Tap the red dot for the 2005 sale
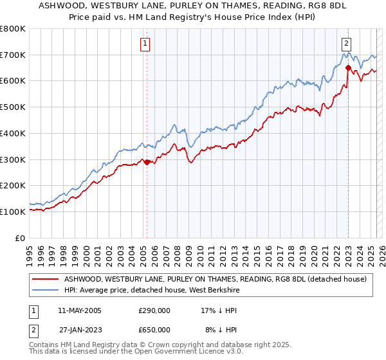pos(147,162)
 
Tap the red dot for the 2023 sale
pos(348,67)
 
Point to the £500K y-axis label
pos(13,107)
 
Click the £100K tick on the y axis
pos(13,212)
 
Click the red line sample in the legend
pos(45,279)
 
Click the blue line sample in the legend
pos(45,291)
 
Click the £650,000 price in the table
pos(154,330)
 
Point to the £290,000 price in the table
pos(154,310)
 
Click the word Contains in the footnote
pos(45,345)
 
